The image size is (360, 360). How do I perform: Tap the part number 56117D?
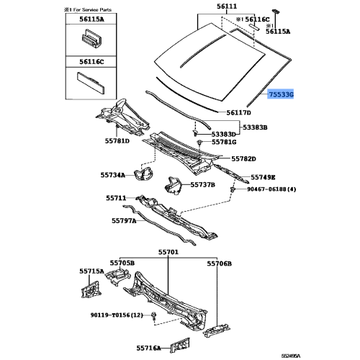point(238,113)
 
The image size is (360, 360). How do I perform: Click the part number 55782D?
point(245,158)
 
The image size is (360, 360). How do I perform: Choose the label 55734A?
point(112,175)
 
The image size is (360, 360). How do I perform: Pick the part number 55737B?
point(202,185)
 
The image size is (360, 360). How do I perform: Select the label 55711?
point(117,198)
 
